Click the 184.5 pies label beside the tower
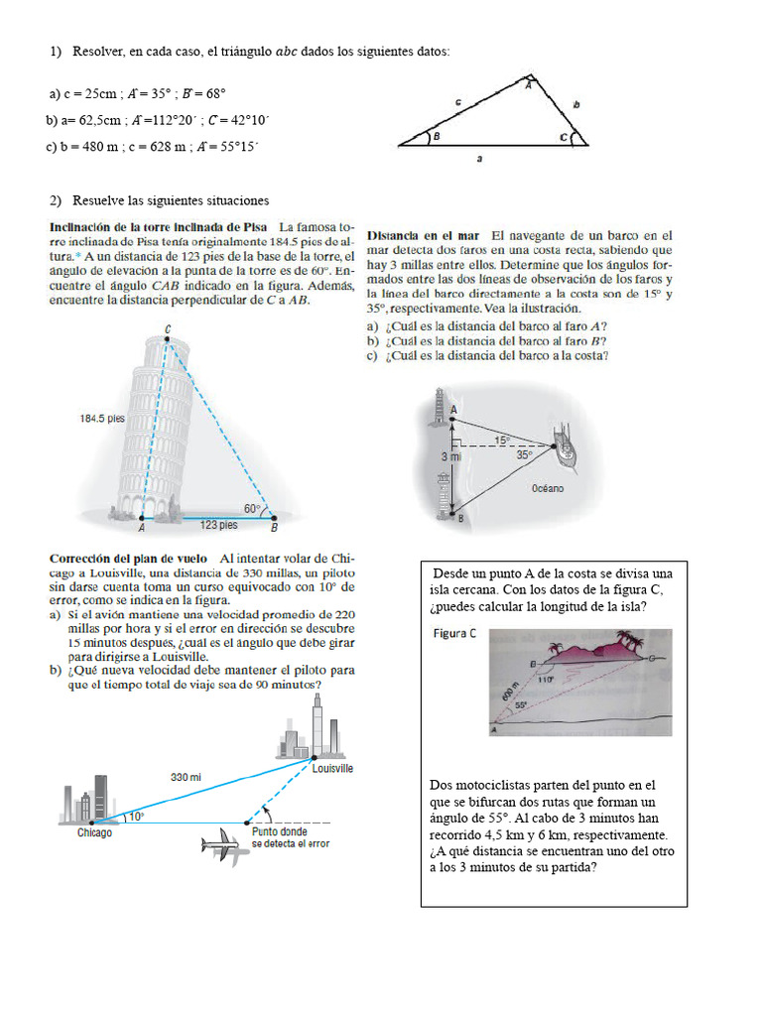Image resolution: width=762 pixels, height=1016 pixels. [x=102, y=419]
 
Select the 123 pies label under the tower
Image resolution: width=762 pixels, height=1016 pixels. [x=218, y=524]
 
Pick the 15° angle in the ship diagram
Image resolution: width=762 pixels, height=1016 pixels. [x=502, y=439]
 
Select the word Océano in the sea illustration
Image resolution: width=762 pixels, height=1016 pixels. [x=548, y=488]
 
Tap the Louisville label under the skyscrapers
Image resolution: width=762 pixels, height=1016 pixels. [x=332, y=769]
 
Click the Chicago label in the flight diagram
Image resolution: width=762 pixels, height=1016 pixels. [x=95, y=833]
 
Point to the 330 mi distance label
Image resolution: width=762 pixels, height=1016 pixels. [x=187, y=777]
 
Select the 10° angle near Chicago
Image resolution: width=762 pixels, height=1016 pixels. [x=136, y=817]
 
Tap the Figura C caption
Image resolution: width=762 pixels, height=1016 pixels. [x=453, y=635]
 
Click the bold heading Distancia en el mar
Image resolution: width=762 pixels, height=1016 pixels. [x=424, y=236]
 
